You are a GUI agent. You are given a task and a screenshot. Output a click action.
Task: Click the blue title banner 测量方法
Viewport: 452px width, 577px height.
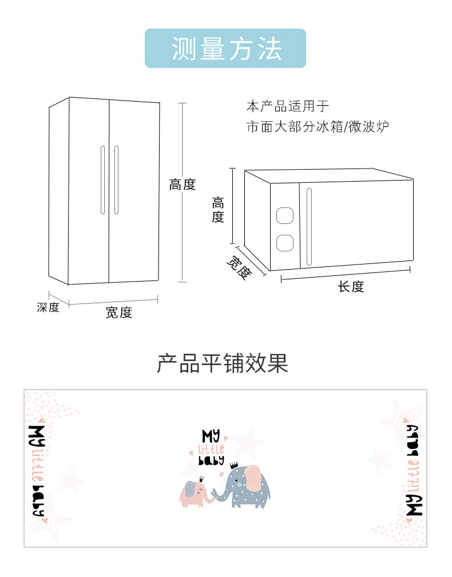tap(225, 48)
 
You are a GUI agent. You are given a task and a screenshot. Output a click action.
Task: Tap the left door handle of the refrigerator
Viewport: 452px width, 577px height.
tap(103, 180)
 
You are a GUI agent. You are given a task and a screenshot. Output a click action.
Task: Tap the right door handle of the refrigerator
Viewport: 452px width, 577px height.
tap(117, 180)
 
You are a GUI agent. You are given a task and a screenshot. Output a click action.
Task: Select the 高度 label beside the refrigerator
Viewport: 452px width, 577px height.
tap(182, 185)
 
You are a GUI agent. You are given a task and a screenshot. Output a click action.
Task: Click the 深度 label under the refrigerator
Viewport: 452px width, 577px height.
tap(48, 307)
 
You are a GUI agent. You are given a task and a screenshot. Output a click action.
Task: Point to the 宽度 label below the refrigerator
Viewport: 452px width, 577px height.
tap(118, 312)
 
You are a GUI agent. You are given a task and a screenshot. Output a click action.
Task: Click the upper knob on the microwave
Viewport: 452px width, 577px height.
tap(285, 215)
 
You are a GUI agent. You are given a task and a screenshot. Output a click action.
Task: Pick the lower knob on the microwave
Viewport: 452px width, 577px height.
tap(285, 243)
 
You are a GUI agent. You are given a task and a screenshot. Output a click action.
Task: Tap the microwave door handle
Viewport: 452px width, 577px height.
tap(309, 227)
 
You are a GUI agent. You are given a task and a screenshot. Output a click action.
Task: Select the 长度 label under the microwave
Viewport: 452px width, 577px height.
tap(351, 287)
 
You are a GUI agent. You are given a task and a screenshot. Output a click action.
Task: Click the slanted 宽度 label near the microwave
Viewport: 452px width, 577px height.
tap(239, 268)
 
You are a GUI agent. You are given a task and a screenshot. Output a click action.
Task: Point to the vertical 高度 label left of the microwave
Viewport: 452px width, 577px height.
tap(218, 210)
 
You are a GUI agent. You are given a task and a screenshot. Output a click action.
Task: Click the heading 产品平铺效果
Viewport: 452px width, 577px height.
tap(223, 363)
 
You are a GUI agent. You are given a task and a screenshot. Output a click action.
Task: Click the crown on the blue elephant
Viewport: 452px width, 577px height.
tap(234, 465)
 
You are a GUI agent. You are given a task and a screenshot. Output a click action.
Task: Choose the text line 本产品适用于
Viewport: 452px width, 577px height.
tap(288, 106)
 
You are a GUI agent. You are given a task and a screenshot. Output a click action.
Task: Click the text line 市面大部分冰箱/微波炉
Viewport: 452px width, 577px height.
tap(318, 127)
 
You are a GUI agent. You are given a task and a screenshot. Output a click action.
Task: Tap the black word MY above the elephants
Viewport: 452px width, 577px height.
tap(211, 436)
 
